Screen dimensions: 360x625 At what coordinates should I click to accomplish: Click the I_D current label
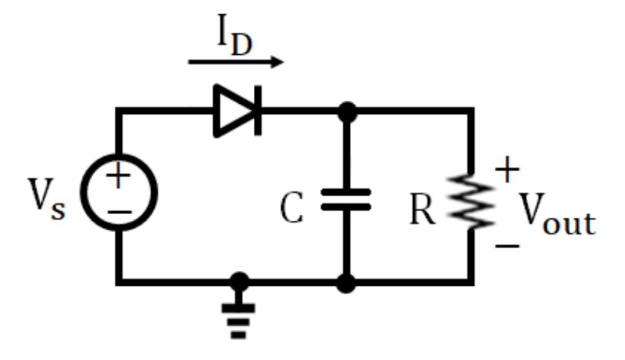tap(234, 39)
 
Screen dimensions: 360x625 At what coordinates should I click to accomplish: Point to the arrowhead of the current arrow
tap(278, 62)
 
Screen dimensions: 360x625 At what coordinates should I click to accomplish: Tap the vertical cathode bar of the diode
tap(258, 111)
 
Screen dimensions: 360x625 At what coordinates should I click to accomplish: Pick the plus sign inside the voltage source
tap(118, 177)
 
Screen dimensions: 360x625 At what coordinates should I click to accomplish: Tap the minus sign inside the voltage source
tap(119, 211)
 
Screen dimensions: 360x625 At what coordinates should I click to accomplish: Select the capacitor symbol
tap(347, 199)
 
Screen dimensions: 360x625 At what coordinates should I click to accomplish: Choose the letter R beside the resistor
tap(423, 210)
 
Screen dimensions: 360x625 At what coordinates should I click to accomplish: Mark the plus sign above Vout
tap(508, 171)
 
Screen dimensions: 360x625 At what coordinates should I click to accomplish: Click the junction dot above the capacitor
tap(347, 112)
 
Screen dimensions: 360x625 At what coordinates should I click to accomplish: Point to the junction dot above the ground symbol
tap(240, 282)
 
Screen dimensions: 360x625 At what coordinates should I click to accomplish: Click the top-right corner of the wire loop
tap(473, 112)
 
